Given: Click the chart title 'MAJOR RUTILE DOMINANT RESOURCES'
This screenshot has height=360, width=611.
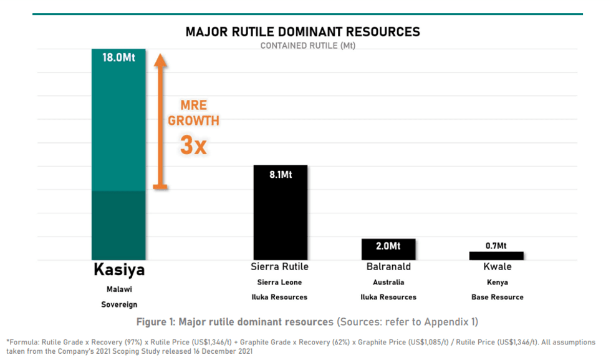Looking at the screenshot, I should click(x=303, y=31).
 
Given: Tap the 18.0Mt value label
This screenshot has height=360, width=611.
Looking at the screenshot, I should click(x=119, y=57).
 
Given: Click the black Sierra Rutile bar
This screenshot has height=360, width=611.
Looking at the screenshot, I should click(x=280, y=218).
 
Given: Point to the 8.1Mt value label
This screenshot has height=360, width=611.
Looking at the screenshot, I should click(x=280, y=175).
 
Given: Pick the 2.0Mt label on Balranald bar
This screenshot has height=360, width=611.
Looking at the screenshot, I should click(x=388, y=246).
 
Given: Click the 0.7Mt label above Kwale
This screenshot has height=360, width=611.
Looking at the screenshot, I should click(x=497, y=245).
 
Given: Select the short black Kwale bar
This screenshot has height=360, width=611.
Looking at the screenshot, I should click(x=496, y=256).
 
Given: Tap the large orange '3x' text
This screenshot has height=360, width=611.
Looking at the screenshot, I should click(x=193, y=145).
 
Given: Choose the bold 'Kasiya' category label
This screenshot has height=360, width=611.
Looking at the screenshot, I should click(x=119, y=270).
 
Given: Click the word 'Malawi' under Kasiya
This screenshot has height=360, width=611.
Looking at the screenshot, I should click(x=119, y=289).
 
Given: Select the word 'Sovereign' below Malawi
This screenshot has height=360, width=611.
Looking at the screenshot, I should click(x=119, y=304).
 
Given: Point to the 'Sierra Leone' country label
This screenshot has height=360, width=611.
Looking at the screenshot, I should click(x=279, y=282).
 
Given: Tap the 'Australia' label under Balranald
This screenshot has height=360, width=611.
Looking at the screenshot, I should click(x=388, y=282).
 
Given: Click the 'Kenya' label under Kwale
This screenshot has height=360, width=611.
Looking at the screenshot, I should click(x=497, y=282).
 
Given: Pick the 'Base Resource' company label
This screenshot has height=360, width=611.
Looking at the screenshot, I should click(x=497, y=297).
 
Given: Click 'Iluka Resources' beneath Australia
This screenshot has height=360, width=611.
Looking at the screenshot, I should click(x=388, y=297).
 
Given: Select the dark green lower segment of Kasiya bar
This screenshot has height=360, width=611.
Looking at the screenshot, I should click(x=119, y=225).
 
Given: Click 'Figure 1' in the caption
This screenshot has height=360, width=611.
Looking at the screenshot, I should click(x=158, y=322).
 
